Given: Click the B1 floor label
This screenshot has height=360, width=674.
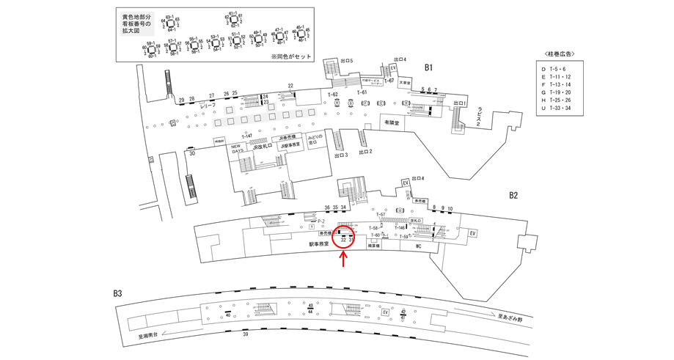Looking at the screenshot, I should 430,67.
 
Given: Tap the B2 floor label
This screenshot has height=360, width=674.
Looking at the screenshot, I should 513,196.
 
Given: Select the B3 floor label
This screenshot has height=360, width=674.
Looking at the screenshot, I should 117,294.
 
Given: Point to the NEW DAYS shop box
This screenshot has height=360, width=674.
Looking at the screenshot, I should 237,148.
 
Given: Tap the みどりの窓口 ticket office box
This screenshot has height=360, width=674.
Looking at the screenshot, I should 316,142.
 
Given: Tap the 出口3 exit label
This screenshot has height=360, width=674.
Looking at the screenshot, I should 340,155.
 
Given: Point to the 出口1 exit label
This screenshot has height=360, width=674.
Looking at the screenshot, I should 461,103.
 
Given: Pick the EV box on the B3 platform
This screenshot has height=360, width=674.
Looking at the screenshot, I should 384,312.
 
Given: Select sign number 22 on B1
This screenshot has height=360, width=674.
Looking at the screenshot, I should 290,86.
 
